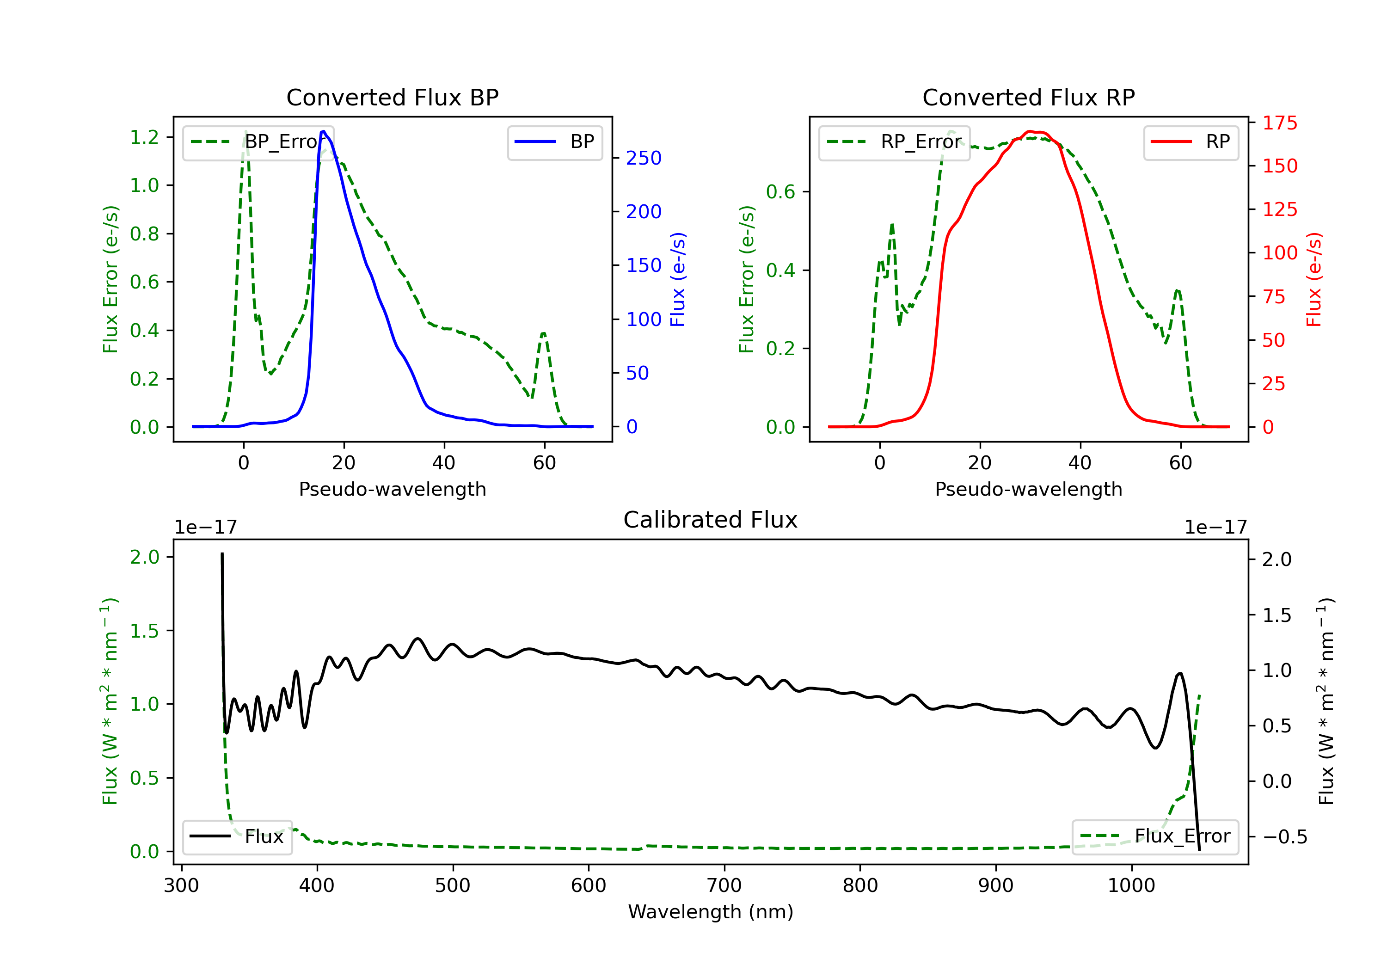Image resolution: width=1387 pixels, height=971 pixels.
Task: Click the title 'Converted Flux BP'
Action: click(392, 97)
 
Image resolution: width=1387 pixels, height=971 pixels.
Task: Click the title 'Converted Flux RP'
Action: click(1028, 97)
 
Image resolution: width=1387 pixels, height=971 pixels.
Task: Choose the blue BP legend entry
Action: click(554, 142)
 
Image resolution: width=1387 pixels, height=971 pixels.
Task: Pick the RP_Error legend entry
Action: click(894, 142)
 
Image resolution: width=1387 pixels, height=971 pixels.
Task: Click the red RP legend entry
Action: click(1191, 142)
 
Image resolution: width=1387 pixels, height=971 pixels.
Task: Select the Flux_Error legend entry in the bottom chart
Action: click(1154, 836)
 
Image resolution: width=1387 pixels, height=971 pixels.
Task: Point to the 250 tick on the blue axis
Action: click(644, 158)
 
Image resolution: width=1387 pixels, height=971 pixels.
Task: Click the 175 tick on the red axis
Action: click(1279, 123)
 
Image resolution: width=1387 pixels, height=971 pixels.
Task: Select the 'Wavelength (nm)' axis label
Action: click(711, 912)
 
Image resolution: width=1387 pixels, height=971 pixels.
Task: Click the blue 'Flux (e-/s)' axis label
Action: click(678, 279)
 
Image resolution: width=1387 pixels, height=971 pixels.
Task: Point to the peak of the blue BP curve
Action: click(324, 131)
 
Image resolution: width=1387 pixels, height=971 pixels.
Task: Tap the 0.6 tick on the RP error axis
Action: click(780, 192)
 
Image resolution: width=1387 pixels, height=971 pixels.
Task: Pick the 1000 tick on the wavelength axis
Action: click(1131, 886)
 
